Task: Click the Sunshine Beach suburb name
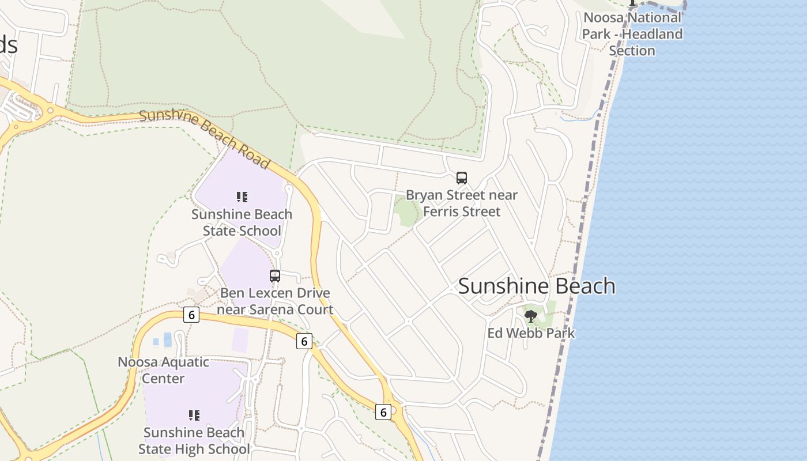point(537,286)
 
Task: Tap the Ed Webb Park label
point(531,333)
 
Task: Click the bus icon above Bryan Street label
point(462,178)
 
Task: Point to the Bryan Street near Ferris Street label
point(462,203)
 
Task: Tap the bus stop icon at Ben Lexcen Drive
point(275,276)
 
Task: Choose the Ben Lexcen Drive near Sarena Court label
point(275,301)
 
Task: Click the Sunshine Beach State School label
point(242,222)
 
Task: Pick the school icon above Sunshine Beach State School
point(242,198)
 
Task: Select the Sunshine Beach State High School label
point(194,441)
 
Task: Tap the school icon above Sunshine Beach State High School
point(194,415)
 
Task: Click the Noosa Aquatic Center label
point(164,371)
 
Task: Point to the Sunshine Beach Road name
point(205,139)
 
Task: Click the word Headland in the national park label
point(653,34)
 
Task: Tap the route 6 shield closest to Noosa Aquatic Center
point(191,315)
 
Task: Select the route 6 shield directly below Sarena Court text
point(304,341)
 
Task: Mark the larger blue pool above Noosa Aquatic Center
point(167,339)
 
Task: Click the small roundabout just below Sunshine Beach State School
point(277,254)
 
